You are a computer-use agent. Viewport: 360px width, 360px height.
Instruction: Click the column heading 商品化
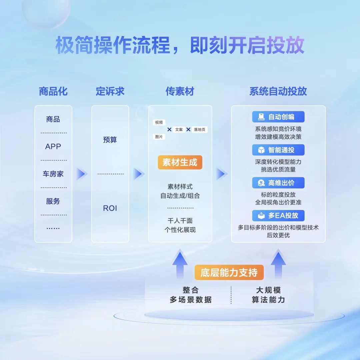(x=53, y=91)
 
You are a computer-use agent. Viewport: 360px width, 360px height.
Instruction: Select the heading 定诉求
(x=110, y=91)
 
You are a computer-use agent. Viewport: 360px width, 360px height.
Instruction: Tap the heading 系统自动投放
(x=278, y=91)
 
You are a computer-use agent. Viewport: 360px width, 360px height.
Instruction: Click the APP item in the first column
(x=53, y=146)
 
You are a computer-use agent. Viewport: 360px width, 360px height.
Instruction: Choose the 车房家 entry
(x=53, y=174)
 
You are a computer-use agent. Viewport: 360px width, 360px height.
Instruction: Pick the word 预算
(x=110, y=140)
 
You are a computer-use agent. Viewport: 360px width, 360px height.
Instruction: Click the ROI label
(x=110, y=208)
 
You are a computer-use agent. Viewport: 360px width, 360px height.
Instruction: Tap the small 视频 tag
(x=159, y=122)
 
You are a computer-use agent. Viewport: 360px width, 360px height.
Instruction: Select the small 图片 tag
(x=159, y=137)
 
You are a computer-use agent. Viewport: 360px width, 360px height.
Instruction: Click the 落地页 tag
(x=200, y=129)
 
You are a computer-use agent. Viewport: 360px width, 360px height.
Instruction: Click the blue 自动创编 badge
(x=278, y=117)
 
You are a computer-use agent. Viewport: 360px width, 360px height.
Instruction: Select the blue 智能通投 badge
(x=278, y=150)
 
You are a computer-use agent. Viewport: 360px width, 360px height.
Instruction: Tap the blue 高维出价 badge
(x=278, y=183)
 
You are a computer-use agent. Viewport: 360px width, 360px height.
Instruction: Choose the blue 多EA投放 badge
(x=278, y=216)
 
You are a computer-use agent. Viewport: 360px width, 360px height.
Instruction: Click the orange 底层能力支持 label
(x=229, y=273)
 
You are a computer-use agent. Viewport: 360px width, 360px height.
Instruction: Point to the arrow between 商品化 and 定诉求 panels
(x=82, y=174)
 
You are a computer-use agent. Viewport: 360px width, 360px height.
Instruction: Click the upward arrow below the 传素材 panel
(x=180, y=264)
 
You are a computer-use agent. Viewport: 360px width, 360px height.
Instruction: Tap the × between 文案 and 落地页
(x=188, y=129)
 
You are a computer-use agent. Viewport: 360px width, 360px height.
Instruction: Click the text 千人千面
(x=180, y=221)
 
